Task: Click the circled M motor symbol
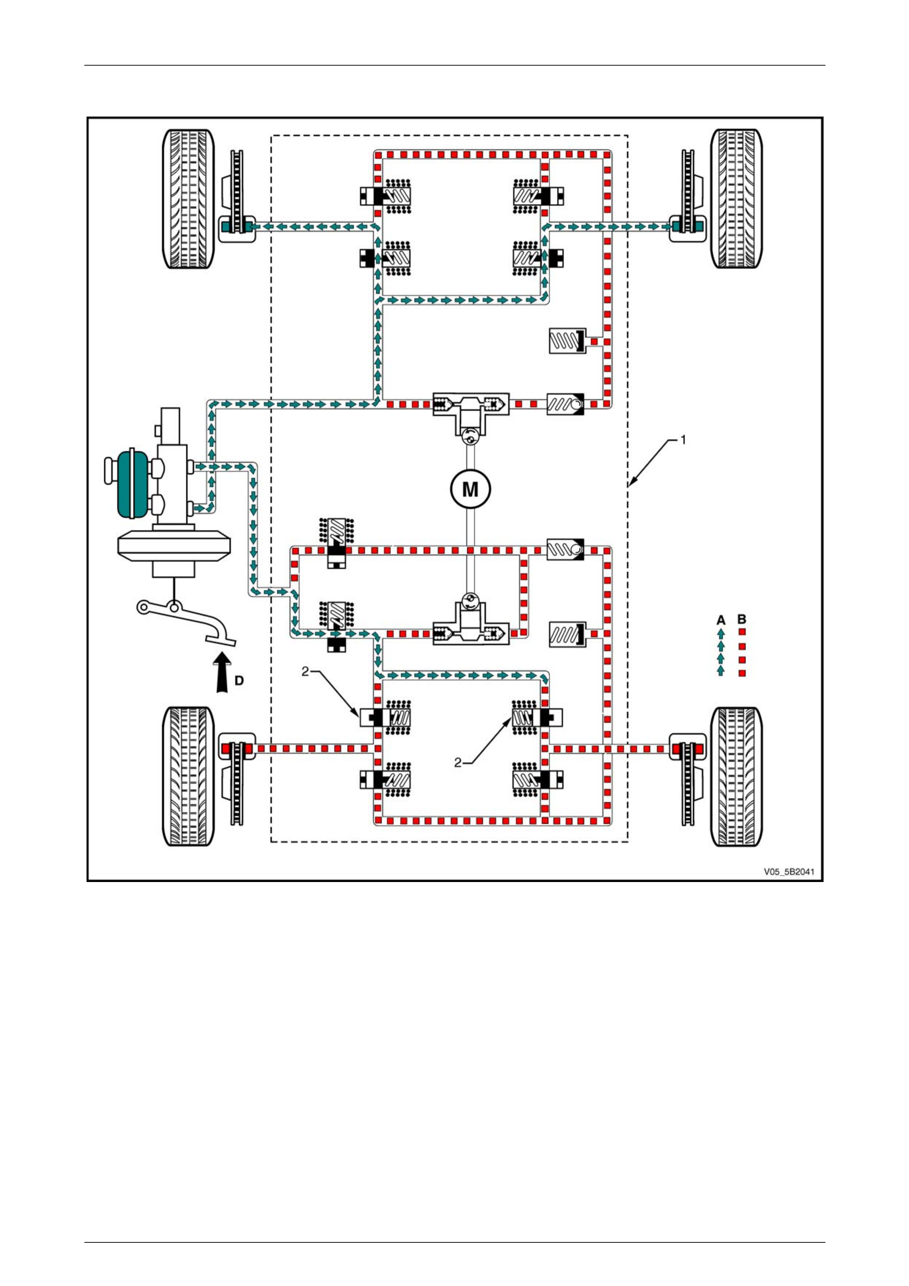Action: coord(470,489)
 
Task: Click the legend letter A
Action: coord(721,620)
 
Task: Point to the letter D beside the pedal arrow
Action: coord(239,680)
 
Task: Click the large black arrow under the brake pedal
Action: coord(223,672)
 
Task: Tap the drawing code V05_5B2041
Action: coord(789,872)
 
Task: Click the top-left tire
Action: coord(188,199)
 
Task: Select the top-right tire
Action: coord(737,199)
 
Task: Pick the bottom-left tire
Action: coord(188,777)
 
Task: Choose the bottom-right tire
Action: coord(737,777)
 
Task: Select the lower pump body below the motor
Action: coord(470,625)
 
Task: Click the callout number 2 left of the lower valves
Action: coord(305,671)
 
